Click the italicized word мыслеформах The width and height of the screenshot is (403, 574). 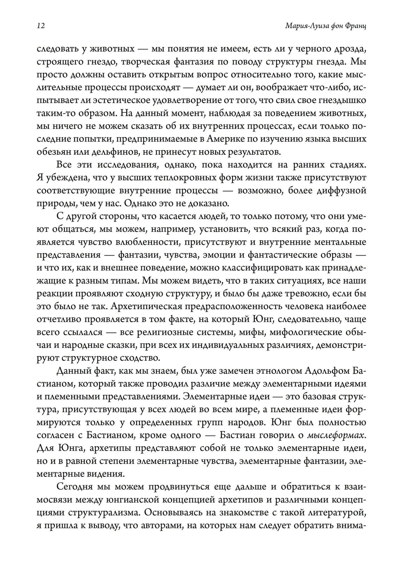click(337, 436)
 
